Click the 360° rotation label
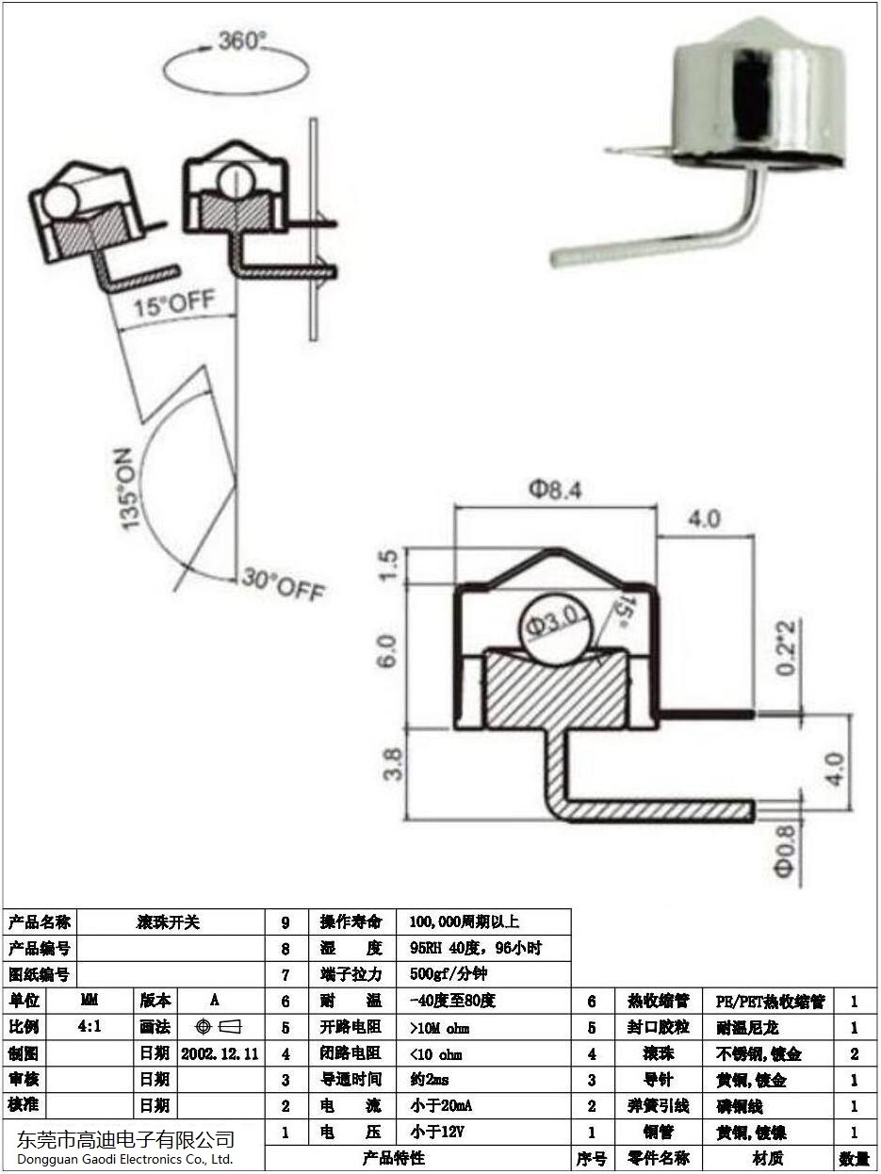pos(243,41)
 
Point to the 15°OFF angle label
pos(174,304)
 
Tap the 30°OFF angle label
pos(284,584)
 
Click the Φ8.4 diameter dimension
pos(556,490)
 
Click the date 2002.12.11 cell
pos(220,1052)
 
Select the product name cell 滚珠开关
pos(171,922)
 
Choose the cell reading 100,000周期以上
pos(465,922)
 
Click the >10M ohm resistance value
pos(440,1028)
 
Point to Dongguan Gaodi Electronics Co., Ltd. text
pos(125,1159)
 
